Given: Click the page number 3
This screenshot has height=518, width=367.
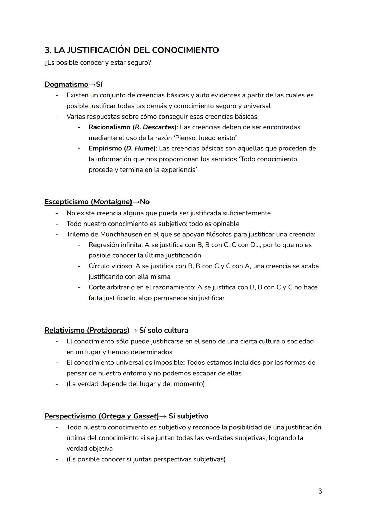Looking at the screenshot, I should coord(320,491).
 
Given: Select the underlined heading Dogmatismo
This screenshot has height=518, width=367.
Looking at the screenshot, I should coord(66,84).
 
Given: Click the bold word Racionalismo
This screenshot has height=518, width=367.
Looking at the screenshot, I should coord(109,127).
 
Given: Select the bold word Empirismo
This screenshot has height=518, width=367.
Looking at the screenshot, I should coord(105,148).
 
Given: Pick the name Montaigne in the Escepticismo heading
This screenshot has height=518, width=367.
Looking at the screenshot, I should coord(112,202).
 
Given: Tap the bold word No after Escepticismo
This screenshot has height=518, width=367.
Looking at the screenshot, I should coord(145,202).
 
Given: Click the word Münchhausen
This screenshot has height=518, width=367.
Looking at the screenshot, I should coord(122,234).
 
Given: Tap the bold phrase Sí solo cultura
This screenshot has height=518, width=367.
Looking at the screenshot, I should coord(163,330).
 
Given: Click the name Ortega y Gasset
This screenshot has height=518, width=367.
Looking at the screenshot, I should coord(130,416).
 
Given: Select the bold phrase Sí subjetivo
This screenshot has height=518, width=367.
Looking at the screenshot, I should coord(188,416).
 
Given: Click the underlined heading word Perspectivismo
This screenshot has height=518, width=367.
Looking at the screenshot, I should coord(70,416).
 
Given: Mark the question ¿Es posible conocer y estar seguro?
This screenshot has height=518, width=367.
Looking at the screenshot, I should coord(98,63).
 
